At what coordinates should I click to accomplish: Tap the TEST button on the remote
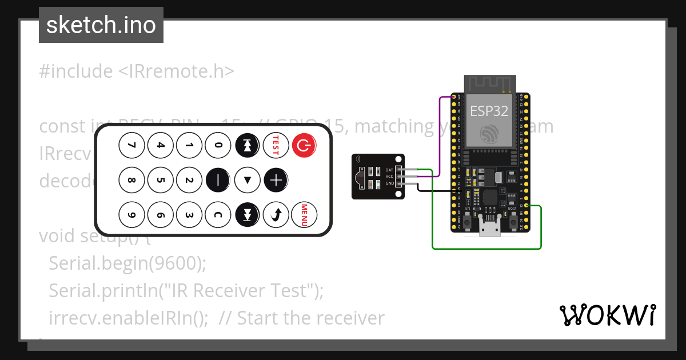(x=276, y=146)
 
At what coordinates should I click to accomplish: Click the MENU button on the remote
(x=305, y=215)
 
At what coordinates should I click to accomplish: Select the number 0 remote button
(x=218, y=146)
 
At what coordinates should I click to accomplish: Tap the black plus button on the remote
(x=276, y=181)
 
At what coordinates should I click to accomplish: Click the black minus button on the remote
(x=218, y=181)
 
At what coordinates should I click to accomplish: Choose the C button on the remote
(x=218, y=215)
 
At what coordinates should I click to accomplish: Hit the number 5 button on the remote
(x=160, y=181)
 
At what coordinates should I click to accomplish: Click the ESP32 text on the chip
(x=489, y=111)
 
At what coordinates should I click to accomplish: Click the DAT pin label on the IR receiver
(x=389, y=170)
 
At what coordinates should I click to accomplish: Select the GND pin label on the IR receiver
(x=389, y=183)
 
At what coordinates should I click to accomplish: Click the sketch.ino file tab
(x=101, y=25)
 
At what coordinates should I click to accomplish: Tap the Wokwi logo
(x=607, y=315)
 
